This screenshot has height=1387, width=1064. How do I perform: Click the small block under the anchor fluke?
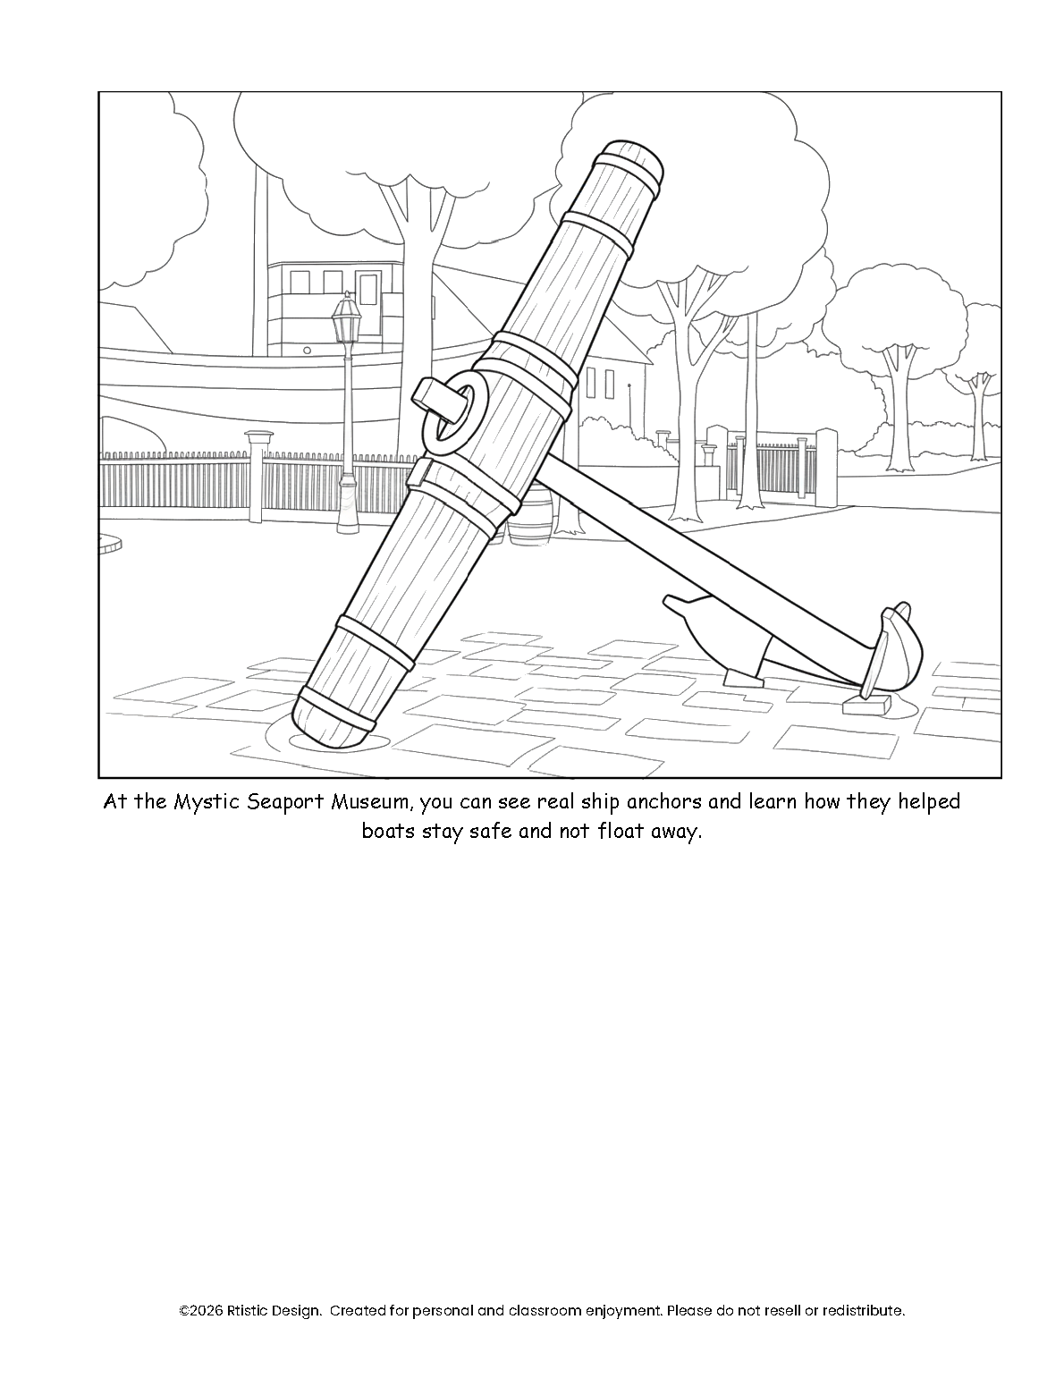[x=868, y=706]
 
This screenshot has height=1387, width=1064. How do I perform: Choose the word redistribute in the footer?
[x=861, y=1311]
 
